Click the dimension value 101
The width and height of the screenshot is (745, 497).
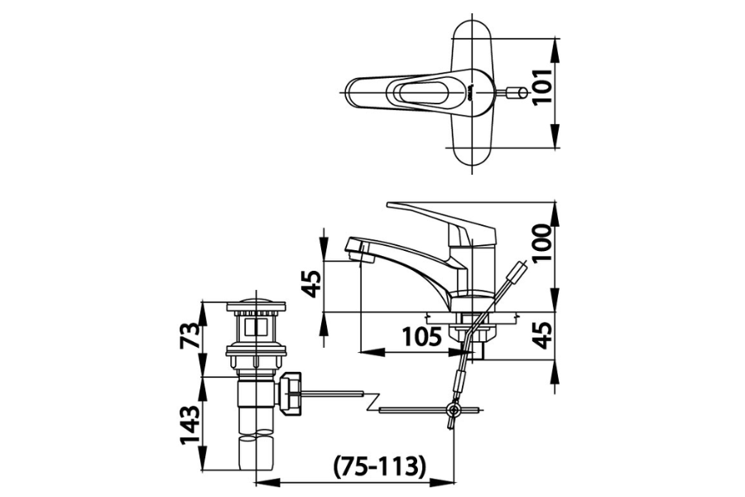(x=542, y=87)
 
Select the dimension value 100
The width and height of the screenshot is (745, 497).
(x=542, y=243)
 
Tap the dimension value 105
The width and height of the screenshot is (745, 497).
(x=422, y=337)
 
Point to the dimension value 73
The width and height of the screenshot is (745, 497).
(x=190, y=335)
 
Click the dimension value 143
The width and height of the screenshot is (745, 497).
(x=190, y=424)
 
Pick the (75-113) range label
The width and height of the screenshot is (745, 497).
(x=378, y=466)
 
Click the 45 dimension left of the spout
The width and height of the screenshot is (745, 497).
(x=312, y=284)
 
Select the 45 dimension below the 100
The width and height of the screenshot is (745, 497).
(x=542, y=335)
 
